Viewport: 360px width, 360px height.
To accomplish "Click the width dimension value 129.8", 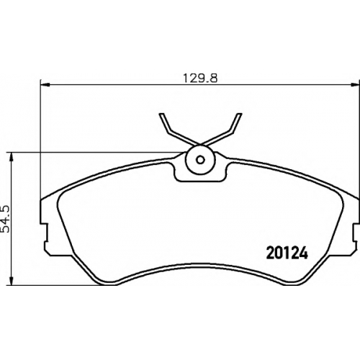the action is coord(200,78).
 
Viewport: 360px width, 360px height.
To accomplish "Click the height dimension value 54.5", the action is coord(5,219).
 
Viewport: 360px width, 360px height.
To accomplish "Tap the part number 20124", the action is coord(287,253).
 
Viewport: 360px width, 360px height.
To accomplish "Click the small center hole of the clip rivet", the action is coord(200,160).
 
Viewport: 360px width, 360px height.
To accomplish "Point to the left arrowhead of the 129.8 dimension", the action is coord(45,84).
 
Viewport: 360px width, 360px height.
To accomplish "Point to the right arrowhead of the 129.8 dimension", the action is coord(355,84).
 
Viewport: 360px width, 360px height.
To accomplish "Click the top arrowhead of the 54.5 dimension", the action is coord(11,157).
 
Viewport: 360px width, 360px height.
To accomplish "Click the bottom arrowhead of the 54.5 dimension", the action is coord(11,281).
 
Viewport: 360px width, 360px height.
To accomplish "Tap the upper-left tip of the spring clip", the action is coord(161,114).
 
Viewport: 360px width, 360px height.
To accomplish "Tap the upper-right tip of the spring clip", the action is coord(239,114).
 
